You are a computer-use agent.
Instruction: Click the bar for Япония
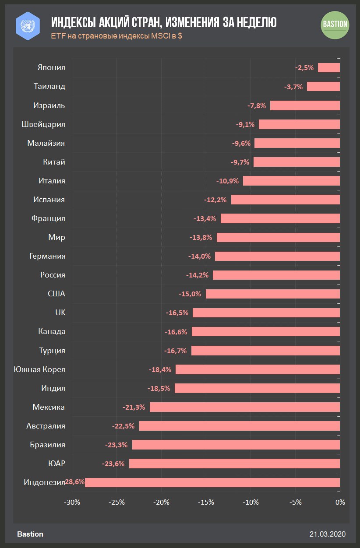(x=329, y=67)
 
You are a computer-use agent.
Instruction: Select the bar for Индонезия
(x=212, y=482)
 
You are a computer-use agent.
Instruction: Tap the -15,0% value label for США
(x=190, y=294)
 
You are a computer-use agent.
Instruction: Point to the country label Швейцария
(x=43, y=124)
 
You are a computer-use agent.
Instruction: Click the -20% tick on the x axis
(x=162, y=502)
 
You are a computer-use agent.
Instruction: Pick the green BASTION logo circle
(x=335, y=24)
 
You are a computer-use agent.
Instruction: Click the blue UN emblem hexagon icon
(x=28, y=25)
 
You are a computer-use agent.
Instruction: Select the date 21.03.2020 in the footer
(x=328, y=534)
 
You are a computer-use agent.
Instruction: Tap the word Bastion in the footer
(x=30, y=534)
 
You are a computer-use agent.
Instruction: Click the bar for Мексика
(x=245, y=407)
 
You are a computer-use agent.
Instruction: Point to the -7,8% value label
(x=257, y=105)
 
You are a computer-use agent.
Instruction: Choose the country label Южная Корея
(x=39, y=369)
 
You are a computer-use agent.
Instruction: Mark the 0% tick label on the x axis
(x=340, y=502)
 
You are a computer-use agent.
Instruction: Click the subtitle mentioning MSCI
(x=116, y=36)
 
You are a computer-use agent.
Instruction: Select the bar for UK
(x=266, y=313)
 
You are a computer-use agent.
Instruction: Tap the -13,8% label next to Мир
(x=201, y=238)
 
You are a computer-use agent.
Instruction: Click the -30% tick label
(x=72, y=502)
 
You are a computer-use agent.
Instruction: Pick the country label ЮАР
(x=56, y=464)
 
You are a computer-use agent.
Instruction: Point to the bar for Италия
(x=291, y=181)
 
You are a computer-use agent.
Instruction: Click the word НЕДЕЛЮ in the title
(x=254, y=22)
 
